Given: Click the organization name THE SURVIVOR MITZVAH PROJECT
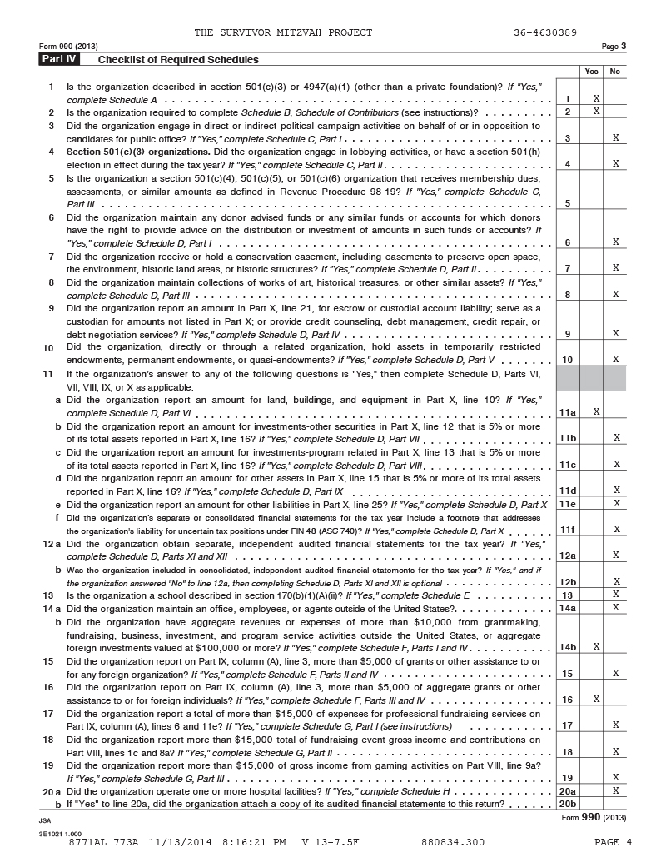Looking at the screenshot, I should (x=283, y=32).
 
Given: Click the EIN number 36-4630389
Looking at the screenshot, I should (x=545, y=32).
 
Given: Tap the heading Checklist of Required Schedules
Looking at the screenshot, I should (x=178, y=60).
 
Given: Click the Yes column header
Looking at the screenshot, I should (x=591, y=72).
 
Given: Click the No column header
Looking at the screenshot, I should (x=615, y=72).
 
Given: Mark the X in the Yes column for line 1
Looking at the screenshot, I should (x=596, y=99).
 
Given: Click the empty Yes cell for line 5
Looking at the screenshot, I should (x=591, y=202).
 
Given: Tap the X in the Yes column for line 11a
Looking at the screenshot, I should (x=596, y=411).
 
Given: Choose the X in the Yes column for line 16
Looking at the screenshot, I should (x=596, y=700).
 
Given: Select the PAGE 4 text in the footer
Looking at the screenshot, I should (x=614, y=842).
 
